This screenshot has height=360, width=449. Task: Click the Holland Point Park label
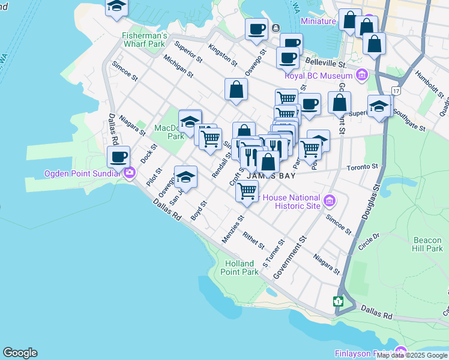pyautogui.click(x=242, y=268)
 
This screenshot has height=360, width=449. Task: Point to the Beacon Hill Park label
pyautogui.click(x=427, y=244)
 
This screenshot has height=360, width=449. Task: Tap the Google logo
pyautogui.click(x=20, y=353)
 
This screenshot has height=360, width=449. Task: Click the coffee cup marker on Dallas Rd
pyautogui.click(x=119, y=157)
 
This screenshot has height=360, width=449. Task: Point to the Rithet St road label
pyautogui.click(x=254, y=240)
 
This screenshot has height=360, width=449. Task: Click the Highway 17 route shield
pyautogui.click(x=396, y=90)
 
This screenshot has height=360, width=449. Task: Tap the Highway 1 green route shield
pyautogui.click(x=339, y=301)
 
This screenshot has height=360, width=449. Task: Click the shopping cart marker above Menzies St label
pyautogui.click(x=247, y=191)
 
